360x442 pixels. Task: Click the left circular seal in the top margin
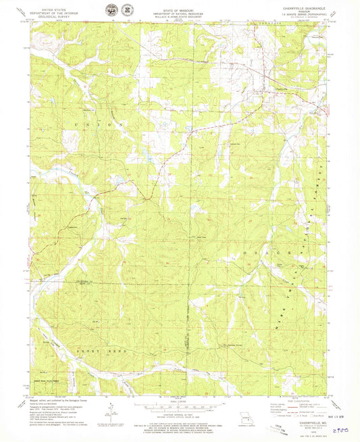click(109, 10)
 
